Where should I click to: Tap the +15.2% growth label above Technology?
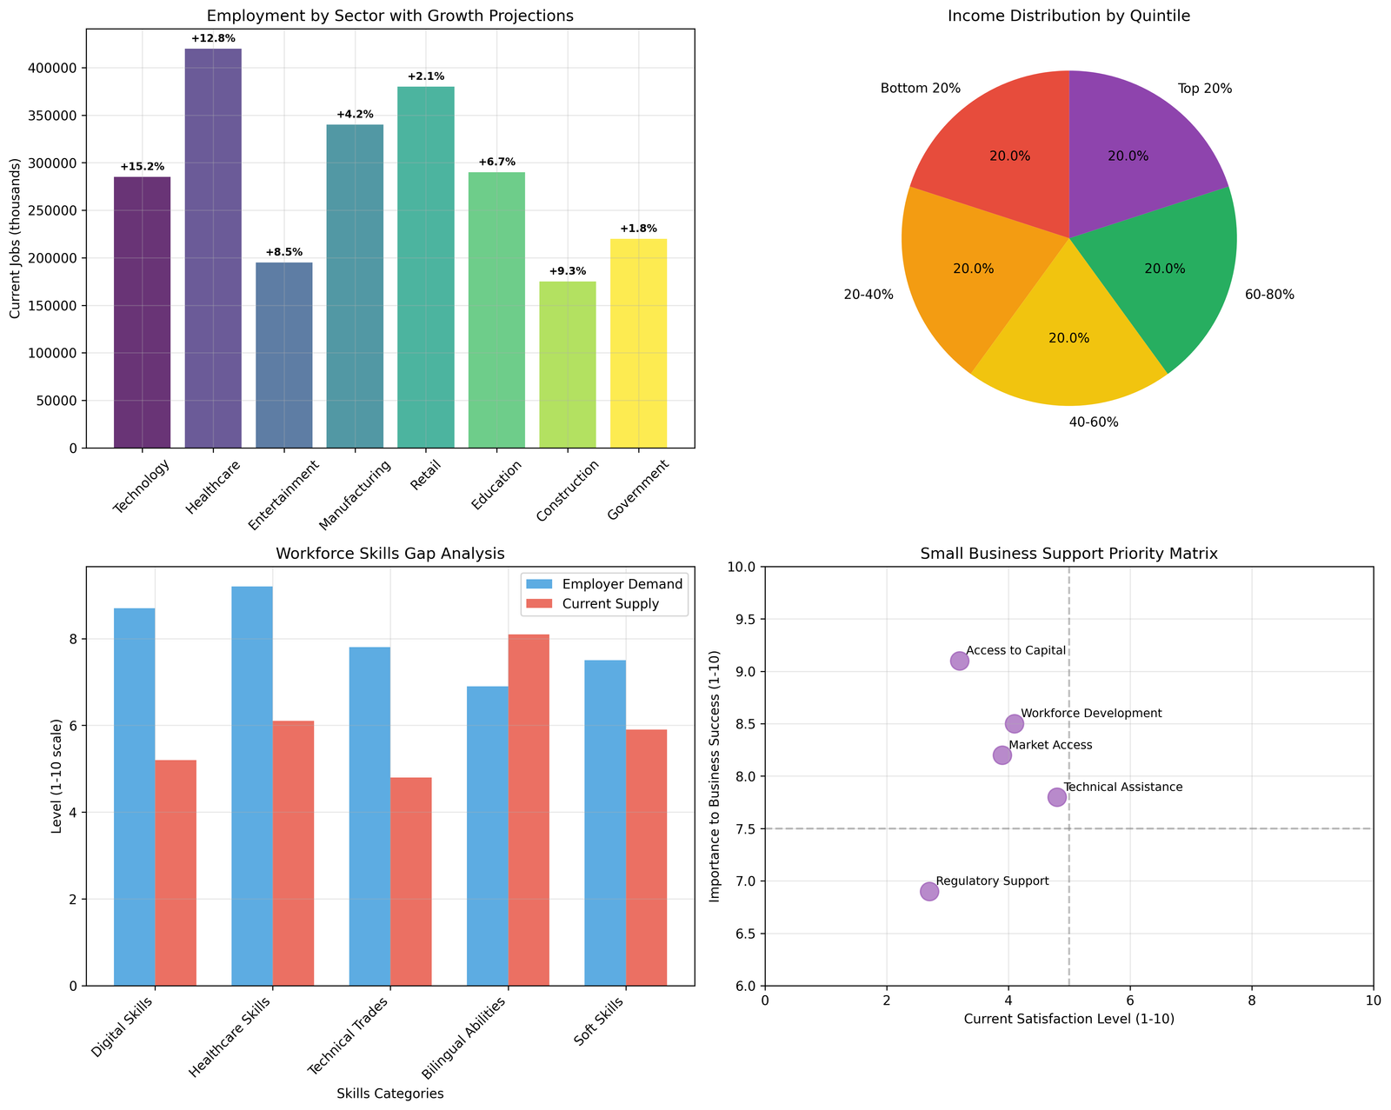pos(142,166)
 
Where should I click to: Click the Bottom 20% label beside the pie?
pos(920,89)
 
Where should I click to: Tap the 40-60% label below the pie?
pos(1094,423)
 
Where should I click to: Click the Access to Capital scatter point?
pos(960,661)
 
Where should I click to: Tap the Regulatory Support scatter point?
pos(929,891)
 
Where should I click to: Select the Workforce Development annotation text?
pos(1091,714)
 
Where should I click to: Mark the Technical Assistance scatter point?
pos(1057,797)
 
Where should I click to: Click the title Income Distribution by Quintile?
pos(1069,16)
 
